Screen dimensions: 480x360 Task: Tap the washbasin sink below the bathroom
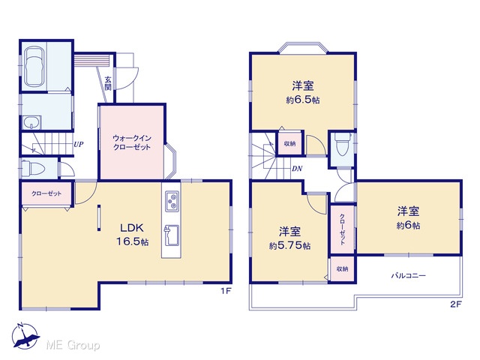click(31, 122)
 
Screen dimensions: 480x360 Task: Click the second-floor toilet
click(342, 145)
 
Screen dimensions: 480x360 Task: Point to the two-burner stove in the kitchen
click(172, 202)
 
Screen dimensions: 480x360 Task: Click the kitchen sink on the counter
click(172, 235)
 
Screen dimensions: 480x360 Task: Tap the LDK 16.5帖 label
click(132, 235)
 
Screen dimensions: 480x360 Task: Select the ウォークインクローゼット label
click(132, 142)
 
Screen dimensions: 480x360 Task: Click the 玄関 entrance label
click(108, 83)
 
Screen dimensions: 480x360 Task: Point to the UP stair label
click(79, 145)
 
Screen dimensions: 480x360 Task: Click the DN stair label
click(297, 169)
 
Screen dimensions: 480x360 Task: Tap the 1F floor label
click(226, 291)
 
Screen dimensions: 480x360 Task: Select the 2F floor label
click(455, 304)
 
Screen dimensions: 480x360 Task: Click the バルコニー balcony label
click(409, 275)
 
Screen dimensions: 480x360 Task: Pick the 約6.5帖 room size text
click(303, 100)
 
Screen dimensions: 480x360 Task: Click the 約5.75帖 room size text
click(290, 245)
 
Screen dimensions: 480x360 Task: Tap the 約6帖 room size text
click(408, 226)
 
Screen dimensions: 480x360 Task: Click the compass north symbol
click(25, 336)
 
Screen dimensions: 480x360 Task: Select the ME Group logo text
click(73, 346)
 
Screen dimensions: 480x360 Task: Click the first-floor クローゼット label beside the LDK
click(46, 193)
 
